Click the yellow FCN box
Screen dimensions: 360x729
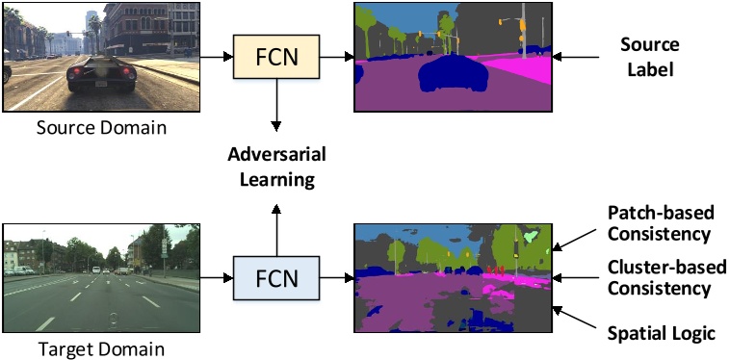pos(276,58)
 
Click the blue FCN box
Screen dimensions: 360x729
pos(276,279)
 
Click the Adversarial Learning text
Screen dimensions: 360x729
pos(276,166)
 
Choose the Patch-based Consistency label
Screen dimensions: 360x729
pos(659,221)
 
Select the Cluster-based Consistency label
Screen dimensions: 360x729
pos(659,276)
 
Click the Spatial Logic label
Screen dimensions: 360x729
pos(661,333)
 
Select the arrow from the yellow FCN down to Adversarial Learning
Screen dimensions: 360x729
pos(276,106)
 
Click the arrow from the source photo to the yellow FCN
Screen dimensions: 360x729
pos(217,58)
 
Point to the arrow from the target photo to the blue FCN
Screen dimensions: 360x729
pos(217,279)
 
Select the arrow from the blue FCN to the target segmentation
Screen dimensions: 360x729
pos(336,279)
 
